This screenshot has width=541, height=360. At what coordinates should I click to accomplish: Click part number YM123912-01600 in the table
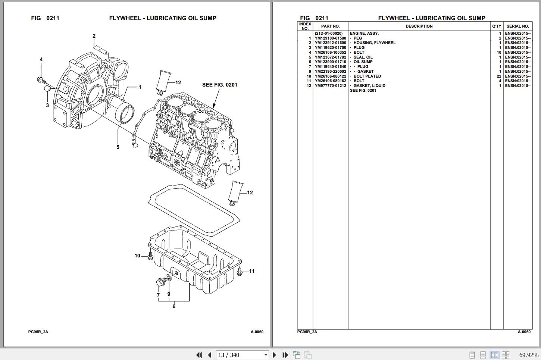pos(330,43)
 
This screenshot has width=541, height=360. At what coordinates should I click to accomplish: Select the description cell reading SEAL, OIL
pos(363,57)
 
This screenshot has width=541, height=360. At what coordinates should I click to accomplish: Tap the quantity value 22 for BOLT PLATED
pos(499,76)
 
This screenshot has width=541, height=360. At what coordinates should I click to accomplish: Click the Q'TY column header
pos(497,26)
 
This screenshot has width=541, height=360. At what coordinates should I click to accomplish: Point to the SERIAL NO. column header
pos(517,26)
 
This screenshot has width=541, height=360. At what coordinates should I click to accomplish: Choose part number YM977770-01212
pos(330,86)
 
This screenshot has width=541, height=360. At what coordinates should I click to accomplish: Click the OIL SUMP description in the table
pos(363,62)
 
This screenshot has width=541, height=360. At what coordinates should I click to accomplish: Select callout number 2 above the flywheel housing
pos(94,36)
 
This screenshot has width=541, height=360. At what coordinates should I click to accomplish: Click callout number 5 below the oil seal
pos(118,147)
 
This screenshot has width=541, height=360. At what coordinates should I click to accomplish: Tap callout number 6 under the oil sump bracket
pos(174,307)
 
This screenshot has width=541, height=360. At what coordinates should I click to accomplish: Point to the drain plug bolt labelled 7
pos(161,282)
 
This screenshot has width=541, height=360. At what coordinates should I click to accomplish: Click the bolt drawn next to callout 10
pos(150,256)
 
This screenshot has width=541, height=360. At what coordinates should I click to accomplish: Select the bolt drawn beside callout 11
pos(240,272)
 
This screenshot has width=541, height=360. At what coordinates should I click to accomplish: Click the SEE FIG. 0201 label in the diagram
pos(219,85)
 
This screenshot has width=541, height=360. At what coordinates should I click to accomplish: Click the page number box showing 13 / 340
pos(239,355)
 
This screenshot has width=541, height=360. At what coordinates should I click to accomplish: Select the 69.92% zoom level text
pos(528,355)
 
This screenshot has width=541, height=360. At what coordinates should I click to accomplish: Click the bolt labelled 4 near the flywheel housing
pos(41,80)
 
